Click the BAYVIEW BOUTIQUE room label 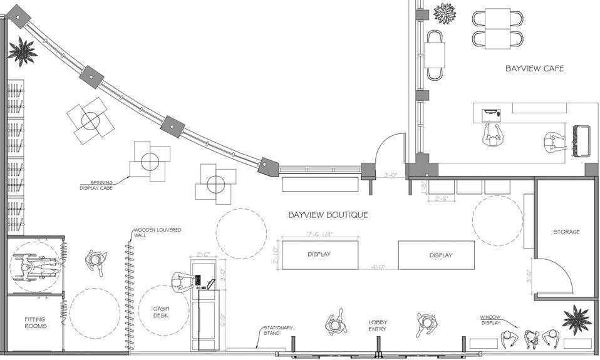328,215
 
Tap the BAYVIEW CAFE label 534,68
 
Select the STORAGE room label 566,232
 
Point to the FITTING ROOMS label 35,322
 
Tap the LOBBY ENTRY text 378,325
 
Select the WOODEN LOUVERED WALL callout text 157,233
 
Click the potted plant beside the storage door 576,320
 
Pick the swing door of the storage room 555,276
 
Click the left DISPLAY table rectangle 319,255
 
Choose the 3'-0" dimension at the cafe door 391,176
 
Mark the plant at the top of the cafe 445,13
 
